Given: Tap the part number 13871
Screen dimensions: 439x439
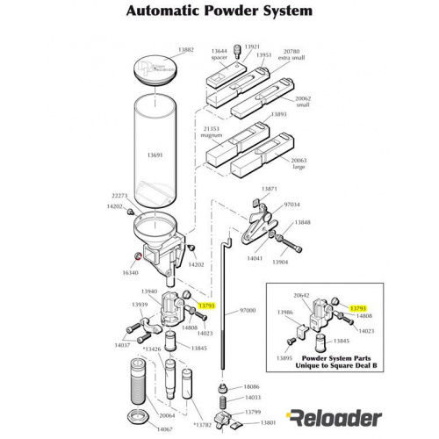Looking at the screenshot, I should click(270, 189).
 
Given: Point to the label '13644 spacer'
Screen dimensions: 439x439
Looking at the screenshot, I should click(219, 54).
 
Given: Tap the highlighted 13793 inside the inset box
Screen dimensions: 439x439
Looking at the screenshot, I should click(358, 308).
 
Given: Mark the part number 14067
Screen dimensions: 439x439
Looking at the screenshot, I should click(139, 428).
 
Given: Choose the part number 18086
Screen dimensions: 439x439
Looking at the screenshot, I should click(251, 386).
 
